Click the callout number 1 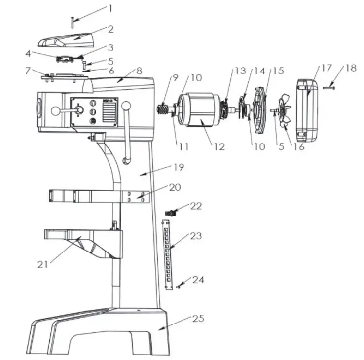coord(110,8)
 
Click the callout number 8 coord(139,71)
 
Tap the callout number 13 coord(240,71)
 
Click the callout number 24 coord(198,280)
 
